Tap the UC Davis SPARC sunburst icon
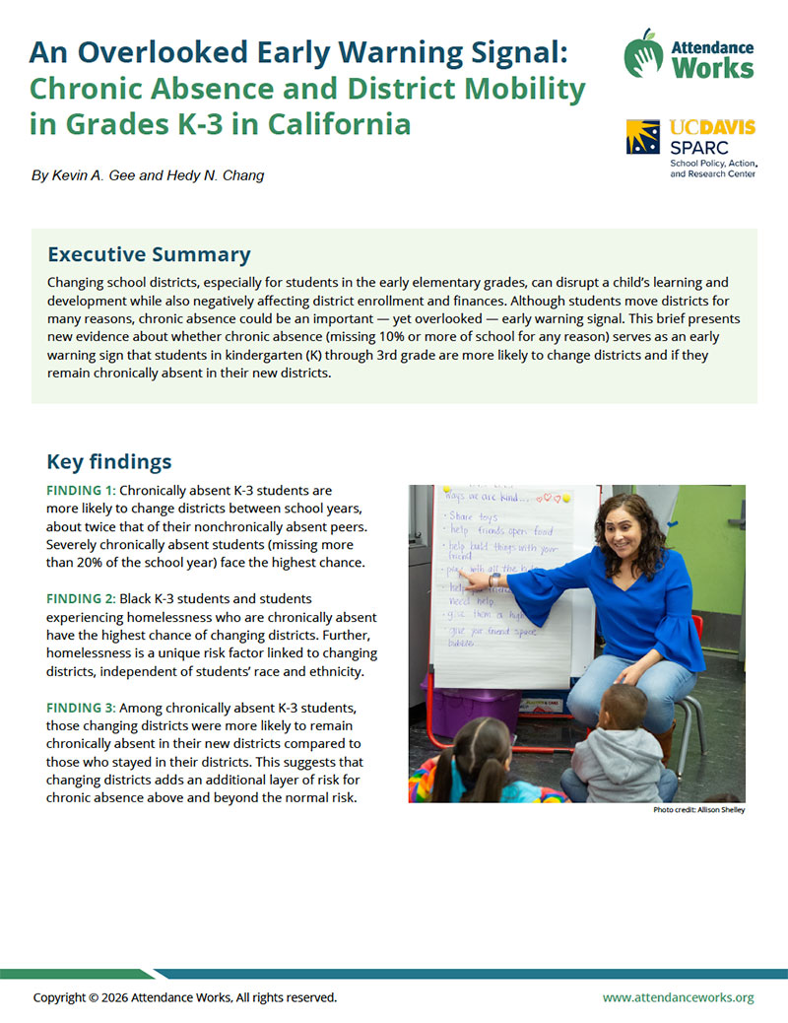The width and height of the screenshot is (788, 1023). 645,137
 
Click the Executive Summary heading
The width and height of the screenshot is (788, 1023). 149,254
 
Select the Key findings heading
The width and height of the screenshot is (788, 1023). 109,461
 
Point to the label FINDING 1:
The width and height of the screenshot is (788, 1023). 81,490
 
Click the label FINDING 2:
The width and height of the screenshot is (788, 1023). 81,598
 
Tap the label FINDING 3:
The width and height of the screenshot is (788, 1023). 81,709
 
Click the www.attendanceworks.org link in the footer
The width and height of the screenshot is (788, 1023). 678,997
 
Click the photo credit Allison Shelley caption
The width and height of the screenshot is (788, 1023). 698,810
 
